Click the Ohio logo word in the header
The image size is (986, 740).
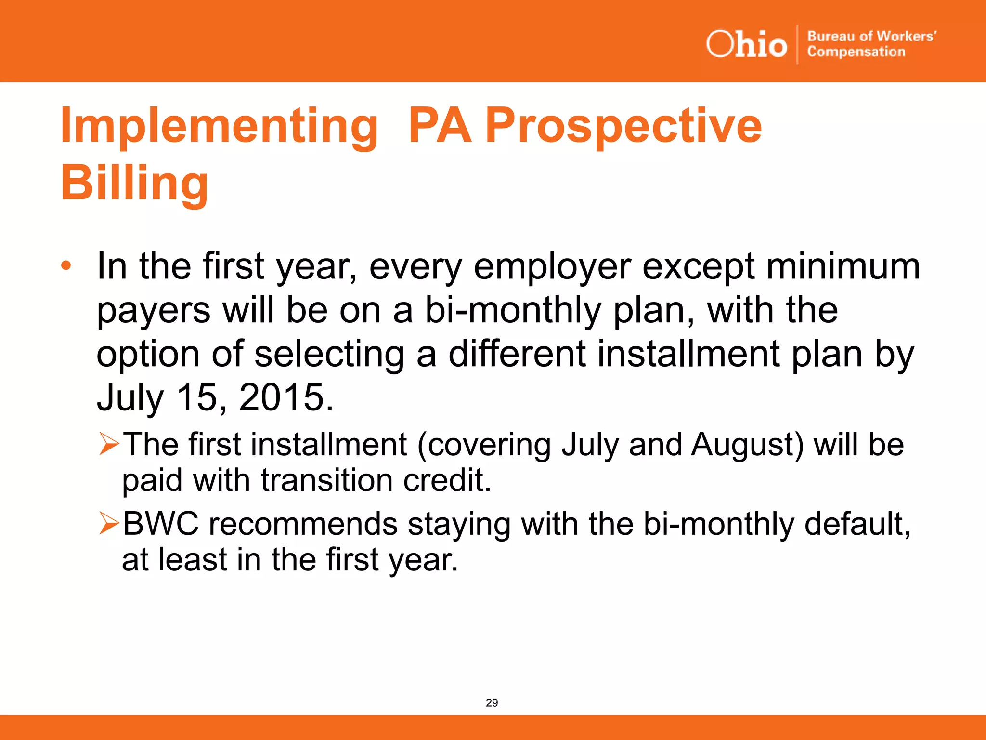pyautogui.click(x=746, y=44)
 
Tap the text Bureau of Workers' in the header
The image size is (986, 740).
pyautogui.click(x=871, y=36)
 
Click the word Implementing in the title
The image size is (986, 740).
pyautogui.click(x=219, y=126)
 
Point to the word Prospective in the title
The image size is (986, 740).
pyautogui.click(x=623, y=126)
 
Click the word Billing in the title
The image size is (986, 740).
pyautogui.click(x=134, y=184)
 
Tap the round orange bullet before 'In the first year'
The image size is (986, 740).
pyautogui.click(x=66, y=265)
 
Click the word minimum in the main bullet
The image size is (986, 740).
pyautogui.click(x=843, y=266)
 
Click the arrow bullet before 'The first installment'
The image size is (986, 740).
pyautogui.click(x=109, y=444)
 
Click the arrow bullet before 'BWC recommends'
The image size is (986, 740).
pyautogui.click(x=109, y=523)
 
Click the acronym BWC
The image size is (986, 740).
pyautogui.click(x=160, y=524)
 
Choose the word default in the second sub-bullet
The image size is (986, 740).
pyautogui.click(x=857, y=524)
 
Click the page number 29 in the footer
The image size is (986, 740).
pyautogui.click(x=492, y=702)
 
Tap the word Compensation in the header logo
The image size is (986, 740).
pyautogui.click(x=856, y=52)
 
